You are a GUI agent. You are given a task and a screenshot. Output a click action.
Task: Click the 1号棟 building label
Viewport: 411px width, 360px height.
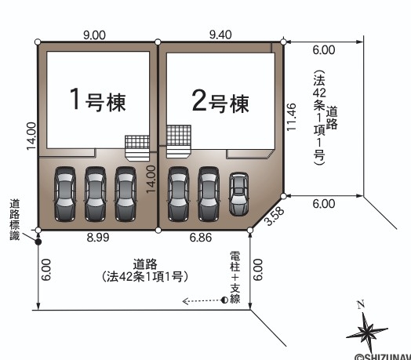point(98,100)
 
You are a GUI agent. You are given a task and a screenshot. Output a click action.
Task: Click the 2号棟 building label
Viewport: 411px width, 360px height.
point(220,100)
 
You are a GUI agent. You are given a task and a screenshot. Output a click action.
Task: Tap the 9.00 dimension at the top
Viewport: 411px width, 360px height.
point(94,35)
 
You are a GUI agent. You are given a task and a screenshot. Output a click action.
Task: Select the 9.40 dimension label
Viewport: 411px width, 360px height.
point(220,35)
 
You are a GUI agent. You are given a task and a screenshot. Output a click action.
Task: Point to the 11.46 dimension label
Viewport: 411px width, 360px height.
point(291,117)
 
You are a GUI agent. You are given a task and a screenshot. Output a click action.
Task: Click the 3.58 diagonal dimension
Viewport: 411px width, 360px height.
point(275,216)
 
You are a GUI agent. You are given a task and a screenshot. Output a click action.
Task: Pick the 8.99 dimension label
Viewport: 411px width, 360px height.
point(98,238)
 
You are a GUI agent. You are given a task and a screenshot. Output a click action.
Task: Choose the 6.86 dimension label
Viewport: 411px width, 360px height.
point(201,238)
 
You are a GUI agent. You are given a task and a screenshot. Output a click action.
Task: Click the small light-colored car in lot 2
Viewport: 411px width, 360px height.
point(238,194)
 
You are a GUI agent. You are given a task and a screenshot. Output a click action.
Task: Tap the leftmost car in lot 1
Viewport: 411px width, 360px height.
point(65,194)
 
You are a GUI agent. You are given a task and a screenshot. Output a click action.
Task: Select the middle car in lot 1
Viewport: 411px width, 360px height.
point(95,194)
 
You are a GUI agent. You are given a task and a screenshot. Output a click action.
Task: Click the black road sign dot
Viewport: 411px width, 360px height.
point(38,242)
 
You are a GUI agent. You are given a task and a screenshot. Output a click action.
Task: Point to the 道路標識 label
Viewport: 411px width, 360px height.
point(15,220)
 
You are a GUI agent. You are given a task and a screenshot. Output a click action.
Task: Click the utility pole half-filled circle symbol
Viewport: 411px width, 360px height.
point(224,300)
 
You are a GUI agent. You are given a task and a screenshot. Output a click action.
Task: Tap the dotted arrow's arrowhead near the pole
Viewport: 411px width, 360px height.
point(185,301)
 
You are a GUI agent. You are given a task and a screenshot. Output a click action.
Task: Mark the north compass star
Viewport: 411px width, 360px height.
point(366,333)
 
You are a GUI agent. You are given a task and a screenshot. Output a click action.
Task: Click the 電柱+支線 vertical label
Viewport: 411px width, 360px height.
point(235,277)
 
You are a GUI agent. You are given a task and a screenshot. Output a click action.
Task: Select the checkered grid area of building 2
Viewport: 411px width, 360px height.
point(179,136)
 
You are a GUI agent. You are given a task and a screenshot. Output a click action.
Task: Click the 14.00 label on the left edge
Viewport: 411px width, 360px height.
point(31,136)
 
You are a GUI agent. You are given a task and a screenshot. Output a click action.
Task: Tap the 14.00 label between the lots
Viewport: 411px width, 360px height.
point(151,179)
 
